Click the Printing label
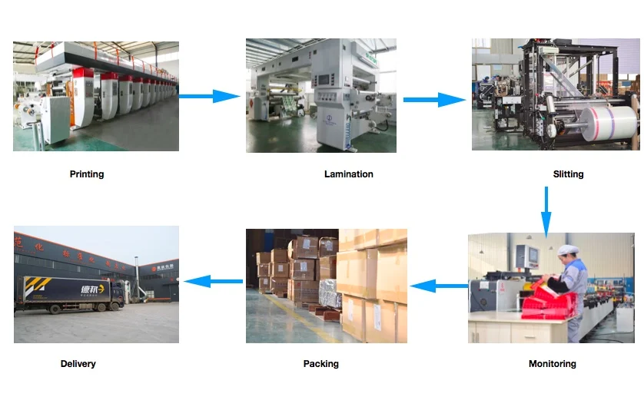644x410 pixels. pyautogui.click(x=87, y=174)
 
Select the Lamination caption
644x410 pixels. pyautogui.click(x=348, y=174)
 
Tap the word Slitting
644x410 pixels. pyautogui.click(x=568, y=174)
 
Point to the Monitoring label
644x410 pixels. pyautogui.click(x=552, y=364)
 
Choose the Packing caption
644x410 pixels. pyautogui.click(x=320, y=364)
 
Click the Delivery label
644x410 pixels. pyautogui.click(x=78, y=364)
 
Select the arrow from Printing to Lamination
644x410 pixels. pyautogui.click(x=211, y=97)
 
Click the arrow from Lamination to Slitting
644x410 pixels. pyautogui.click(x=434, y=99)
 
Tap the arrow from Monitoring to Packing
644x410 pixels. pyautogui.click(x=438, y=286)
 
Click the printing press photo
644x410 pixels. pyautogui.click(x=96, y=96)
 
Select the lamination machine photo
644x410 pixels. pyautogui.click(x=321, y=95)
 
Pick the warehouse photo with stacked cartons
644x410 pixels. pyautogui.click(x=327, y=286)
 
